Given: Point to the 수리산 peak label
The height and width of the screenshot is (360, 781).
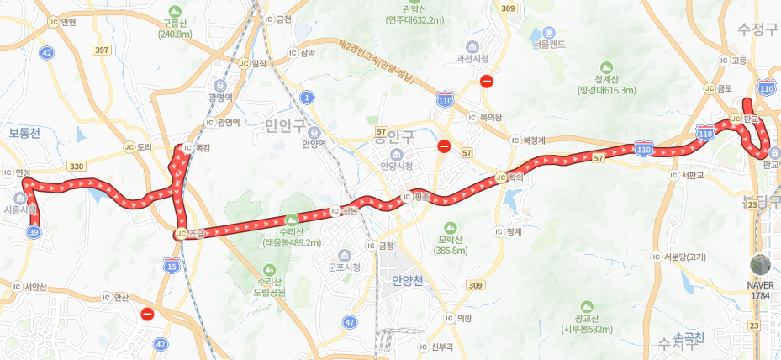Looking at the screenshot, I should [x=291, y=236].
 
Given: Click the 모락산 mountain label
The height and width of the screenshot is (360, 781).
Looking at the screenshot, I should [x=450, y=244].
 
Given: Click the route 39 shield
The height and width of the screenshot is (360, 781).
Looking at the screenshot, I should [x=34, y=231].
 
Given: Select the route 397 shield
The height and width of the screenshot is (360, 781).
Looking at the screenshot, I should [x=103, y=50].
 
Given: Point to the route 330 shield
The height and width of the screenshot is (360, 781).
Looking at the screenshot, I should [x=77, y=167].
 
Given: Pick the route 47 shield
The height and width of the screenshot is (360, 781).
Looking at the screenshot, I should [x=350, y=321].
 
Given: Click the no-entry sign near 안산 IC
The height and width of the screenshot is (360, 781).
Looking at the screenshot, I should [x=147, y=315].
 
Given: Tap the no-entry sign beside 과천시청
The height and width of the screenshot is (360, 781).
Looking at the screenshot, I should [x=486, y=82].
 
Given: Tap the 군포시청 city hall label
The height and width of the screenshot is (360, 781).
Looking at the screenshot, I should [x=344, y=267].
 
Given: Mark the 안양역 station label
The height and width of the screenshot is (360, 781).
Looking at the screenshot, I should [x=314, y=143].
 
